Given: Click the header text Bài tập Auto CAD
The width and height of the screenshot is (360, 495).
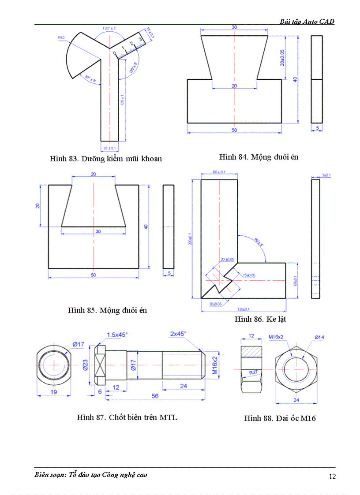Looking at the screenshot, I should (307, 21).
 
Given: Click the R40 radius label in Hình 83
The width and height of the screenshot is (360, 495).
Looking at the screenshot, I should (61, 38).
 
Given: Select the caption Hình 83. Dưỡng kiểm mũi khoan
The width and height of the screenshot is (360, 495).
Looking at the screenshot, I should (105, 159).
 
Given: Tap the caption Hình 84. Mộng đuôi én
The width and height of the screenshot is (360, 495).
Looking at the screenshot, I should (259, 157).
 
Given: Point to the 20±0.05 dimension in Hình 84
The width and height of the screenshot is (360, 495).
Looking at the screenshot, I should (282, 57).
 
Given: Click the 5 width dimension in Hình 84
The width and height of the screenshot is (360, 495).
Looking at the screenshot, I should (317, 128).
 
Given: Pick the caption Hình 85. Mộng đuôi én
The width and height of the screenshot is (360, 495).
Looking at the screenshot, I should (107, 310).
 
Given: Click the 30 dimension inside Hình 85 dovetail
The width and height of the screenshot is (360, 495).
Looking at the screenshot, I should (93, 231).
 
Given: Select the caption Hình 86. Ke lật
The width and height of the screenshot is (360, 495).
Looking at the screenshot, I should (260, 319).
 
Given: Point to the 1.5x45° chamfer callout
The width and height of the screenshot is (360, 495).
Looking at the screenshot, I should (117, 335).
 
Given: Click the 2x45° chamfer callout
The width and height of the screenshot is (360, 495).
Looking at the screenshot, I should (178, 334).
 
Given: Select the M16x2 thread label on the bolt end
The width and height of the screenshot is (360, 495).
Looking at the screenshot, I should (215, 365).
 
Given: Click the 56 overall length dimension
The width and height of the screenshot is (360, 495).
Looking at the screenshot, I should (154, 396).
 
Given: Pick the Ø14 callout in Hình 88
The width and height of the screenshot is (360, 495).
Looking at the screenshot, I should (320, 337).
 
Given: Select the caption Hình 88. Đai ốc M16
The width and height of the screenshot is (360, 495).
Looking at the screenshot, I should (280, 418).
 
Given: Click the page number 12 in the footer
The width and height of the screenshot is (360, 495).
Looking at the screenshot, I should (332, 476).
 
